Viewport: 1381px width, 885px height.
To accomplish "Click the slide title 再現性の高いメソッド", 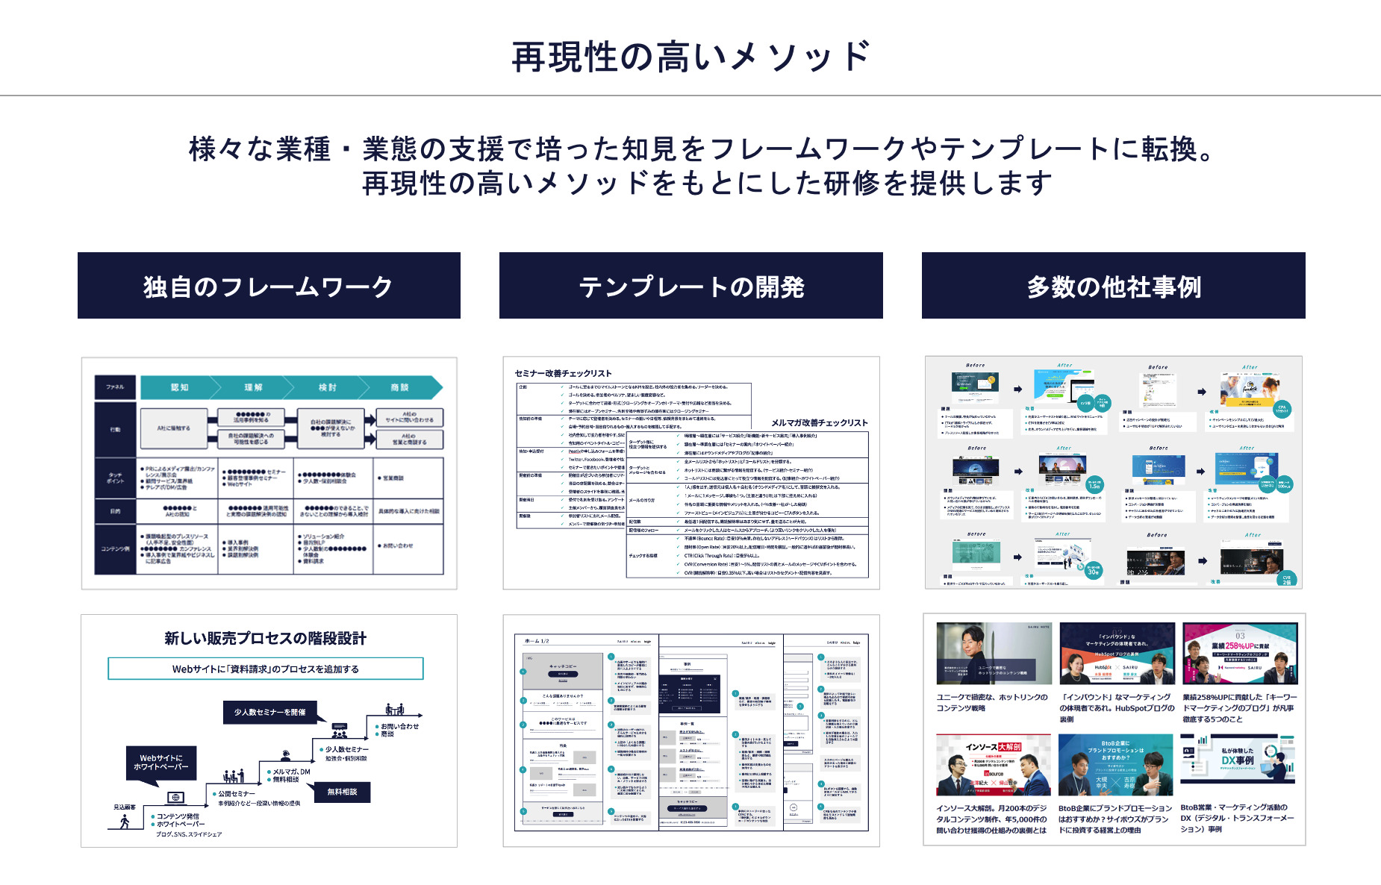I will (690, 57).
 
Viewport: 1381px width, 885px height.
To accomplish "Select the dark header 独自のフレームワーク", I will (269, 286).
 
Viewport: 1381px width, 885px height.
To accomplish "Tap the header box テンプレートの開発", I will (690, 286).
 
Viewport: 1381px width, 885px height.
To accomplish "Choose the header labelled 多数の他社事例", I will (1113, 286).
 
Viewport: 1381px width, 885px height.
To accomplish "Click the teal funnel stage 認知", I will (180, 387).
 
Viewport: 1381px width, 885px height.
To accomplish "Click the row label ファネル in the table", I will (115, 387).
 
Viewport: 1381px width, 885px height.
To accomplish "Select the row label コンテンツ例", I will (115, 548).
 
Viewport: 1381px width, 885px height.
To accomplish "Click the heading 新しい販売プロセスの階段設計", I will (266, 638).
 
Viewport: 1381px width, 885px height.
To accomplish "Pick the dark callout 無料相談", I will (342, 792).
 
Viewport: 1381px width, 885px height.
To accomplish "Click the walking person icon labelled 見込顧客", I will (125, 821).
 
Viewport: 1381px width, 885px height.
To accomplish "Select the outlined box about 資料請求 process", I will (266, 669).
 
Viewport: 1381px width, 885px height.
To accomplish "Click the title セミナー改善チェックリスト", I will (563, 373).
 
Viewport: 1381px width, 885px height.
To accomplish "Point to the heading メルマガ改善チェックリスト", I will (820, 422).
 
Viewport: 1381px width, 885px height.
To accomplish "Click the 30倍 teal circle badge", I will (1093, 571).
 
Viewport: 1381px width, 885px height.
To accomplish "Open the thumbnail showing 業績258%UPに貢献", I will (1240, 654).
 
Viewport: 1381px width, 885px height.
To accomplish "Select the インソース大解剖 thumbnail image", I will (993, 765).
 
